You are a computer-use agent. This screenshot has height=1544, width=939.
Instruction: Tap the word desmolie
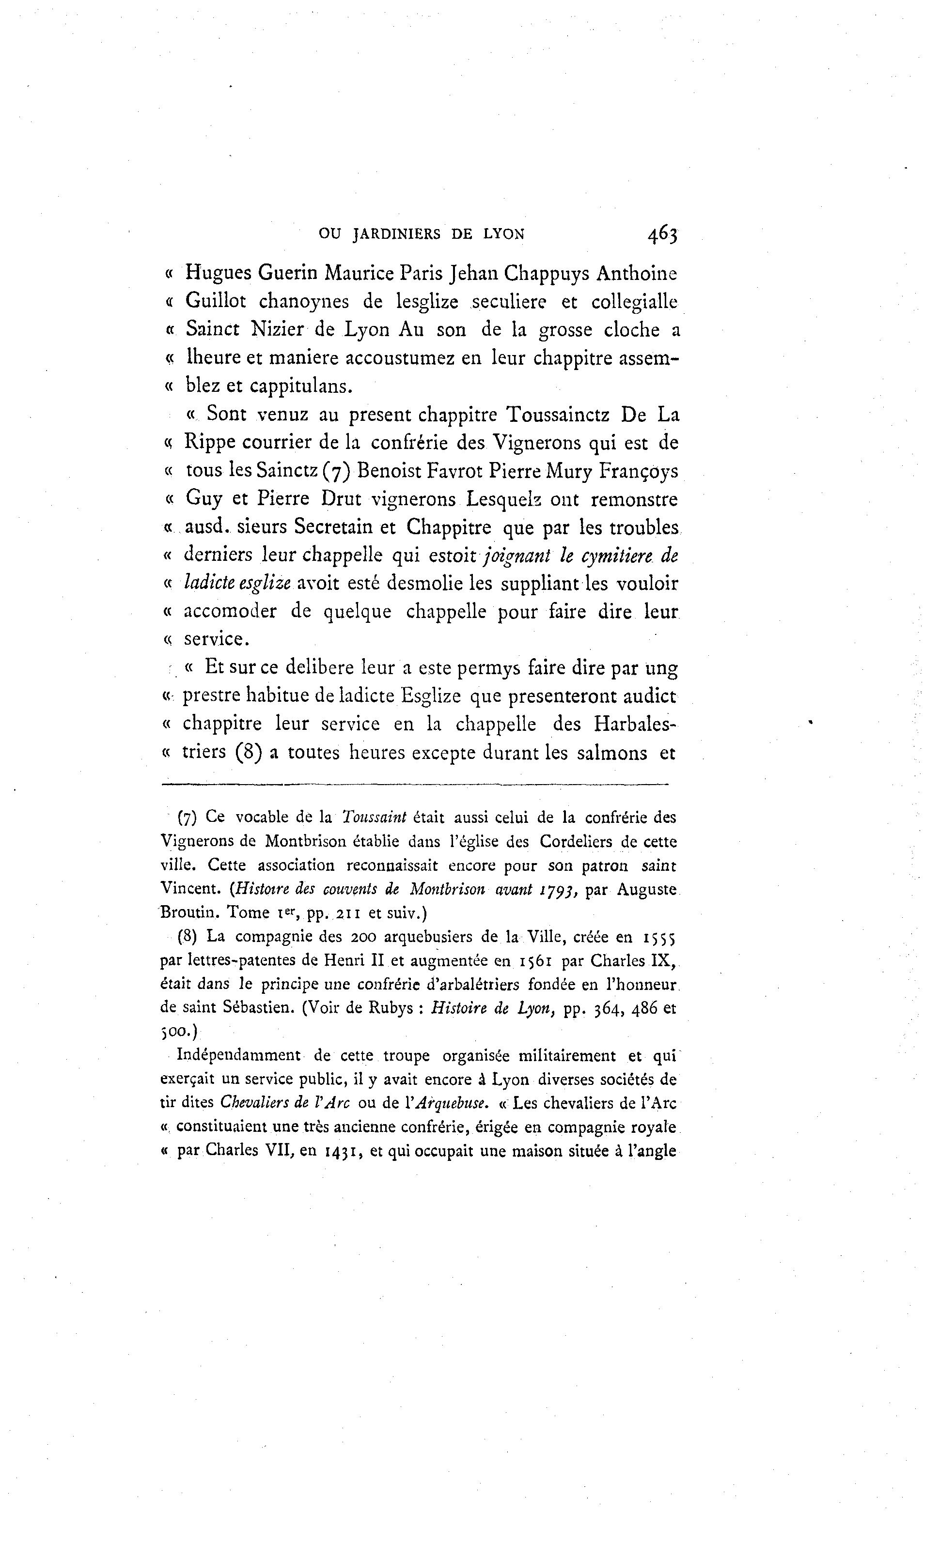click(x=425, y=584)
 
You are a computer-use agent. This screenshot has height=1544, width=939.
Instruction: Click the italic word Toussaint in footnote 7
click(x=374, y=818)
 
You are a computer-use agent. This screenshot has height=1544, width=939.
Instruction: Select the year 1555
click(x=659, y=938)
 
